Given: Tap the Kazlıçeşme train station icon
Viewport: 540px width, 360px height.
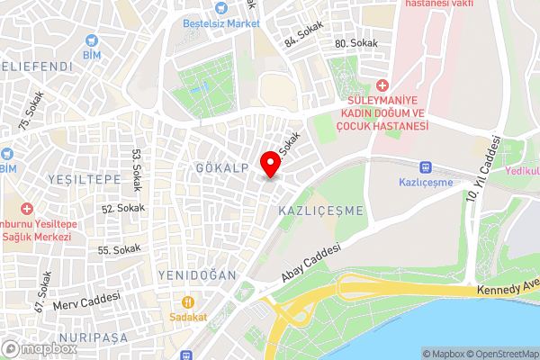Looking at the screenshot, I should tap(426, 166).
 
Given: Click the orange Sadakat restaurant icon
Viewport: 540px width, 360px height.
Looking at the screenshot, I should tap(188, 302).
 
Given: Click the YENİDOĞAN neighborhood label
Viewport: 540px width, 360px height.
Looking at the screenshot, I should tap(196, 274).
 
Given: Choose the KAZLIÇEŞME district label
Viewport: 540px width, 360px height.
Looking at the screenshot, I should tap(321, 210).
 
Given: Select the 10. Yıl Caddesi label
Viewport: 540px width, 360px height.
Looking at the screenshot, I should tap(483, 167).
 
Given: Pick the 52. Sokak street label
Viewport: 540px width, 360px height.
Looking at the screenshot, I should tap(122, 208).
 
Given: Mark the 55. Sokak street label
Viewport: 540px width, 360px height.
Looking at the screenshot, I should tap(120, 249).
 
